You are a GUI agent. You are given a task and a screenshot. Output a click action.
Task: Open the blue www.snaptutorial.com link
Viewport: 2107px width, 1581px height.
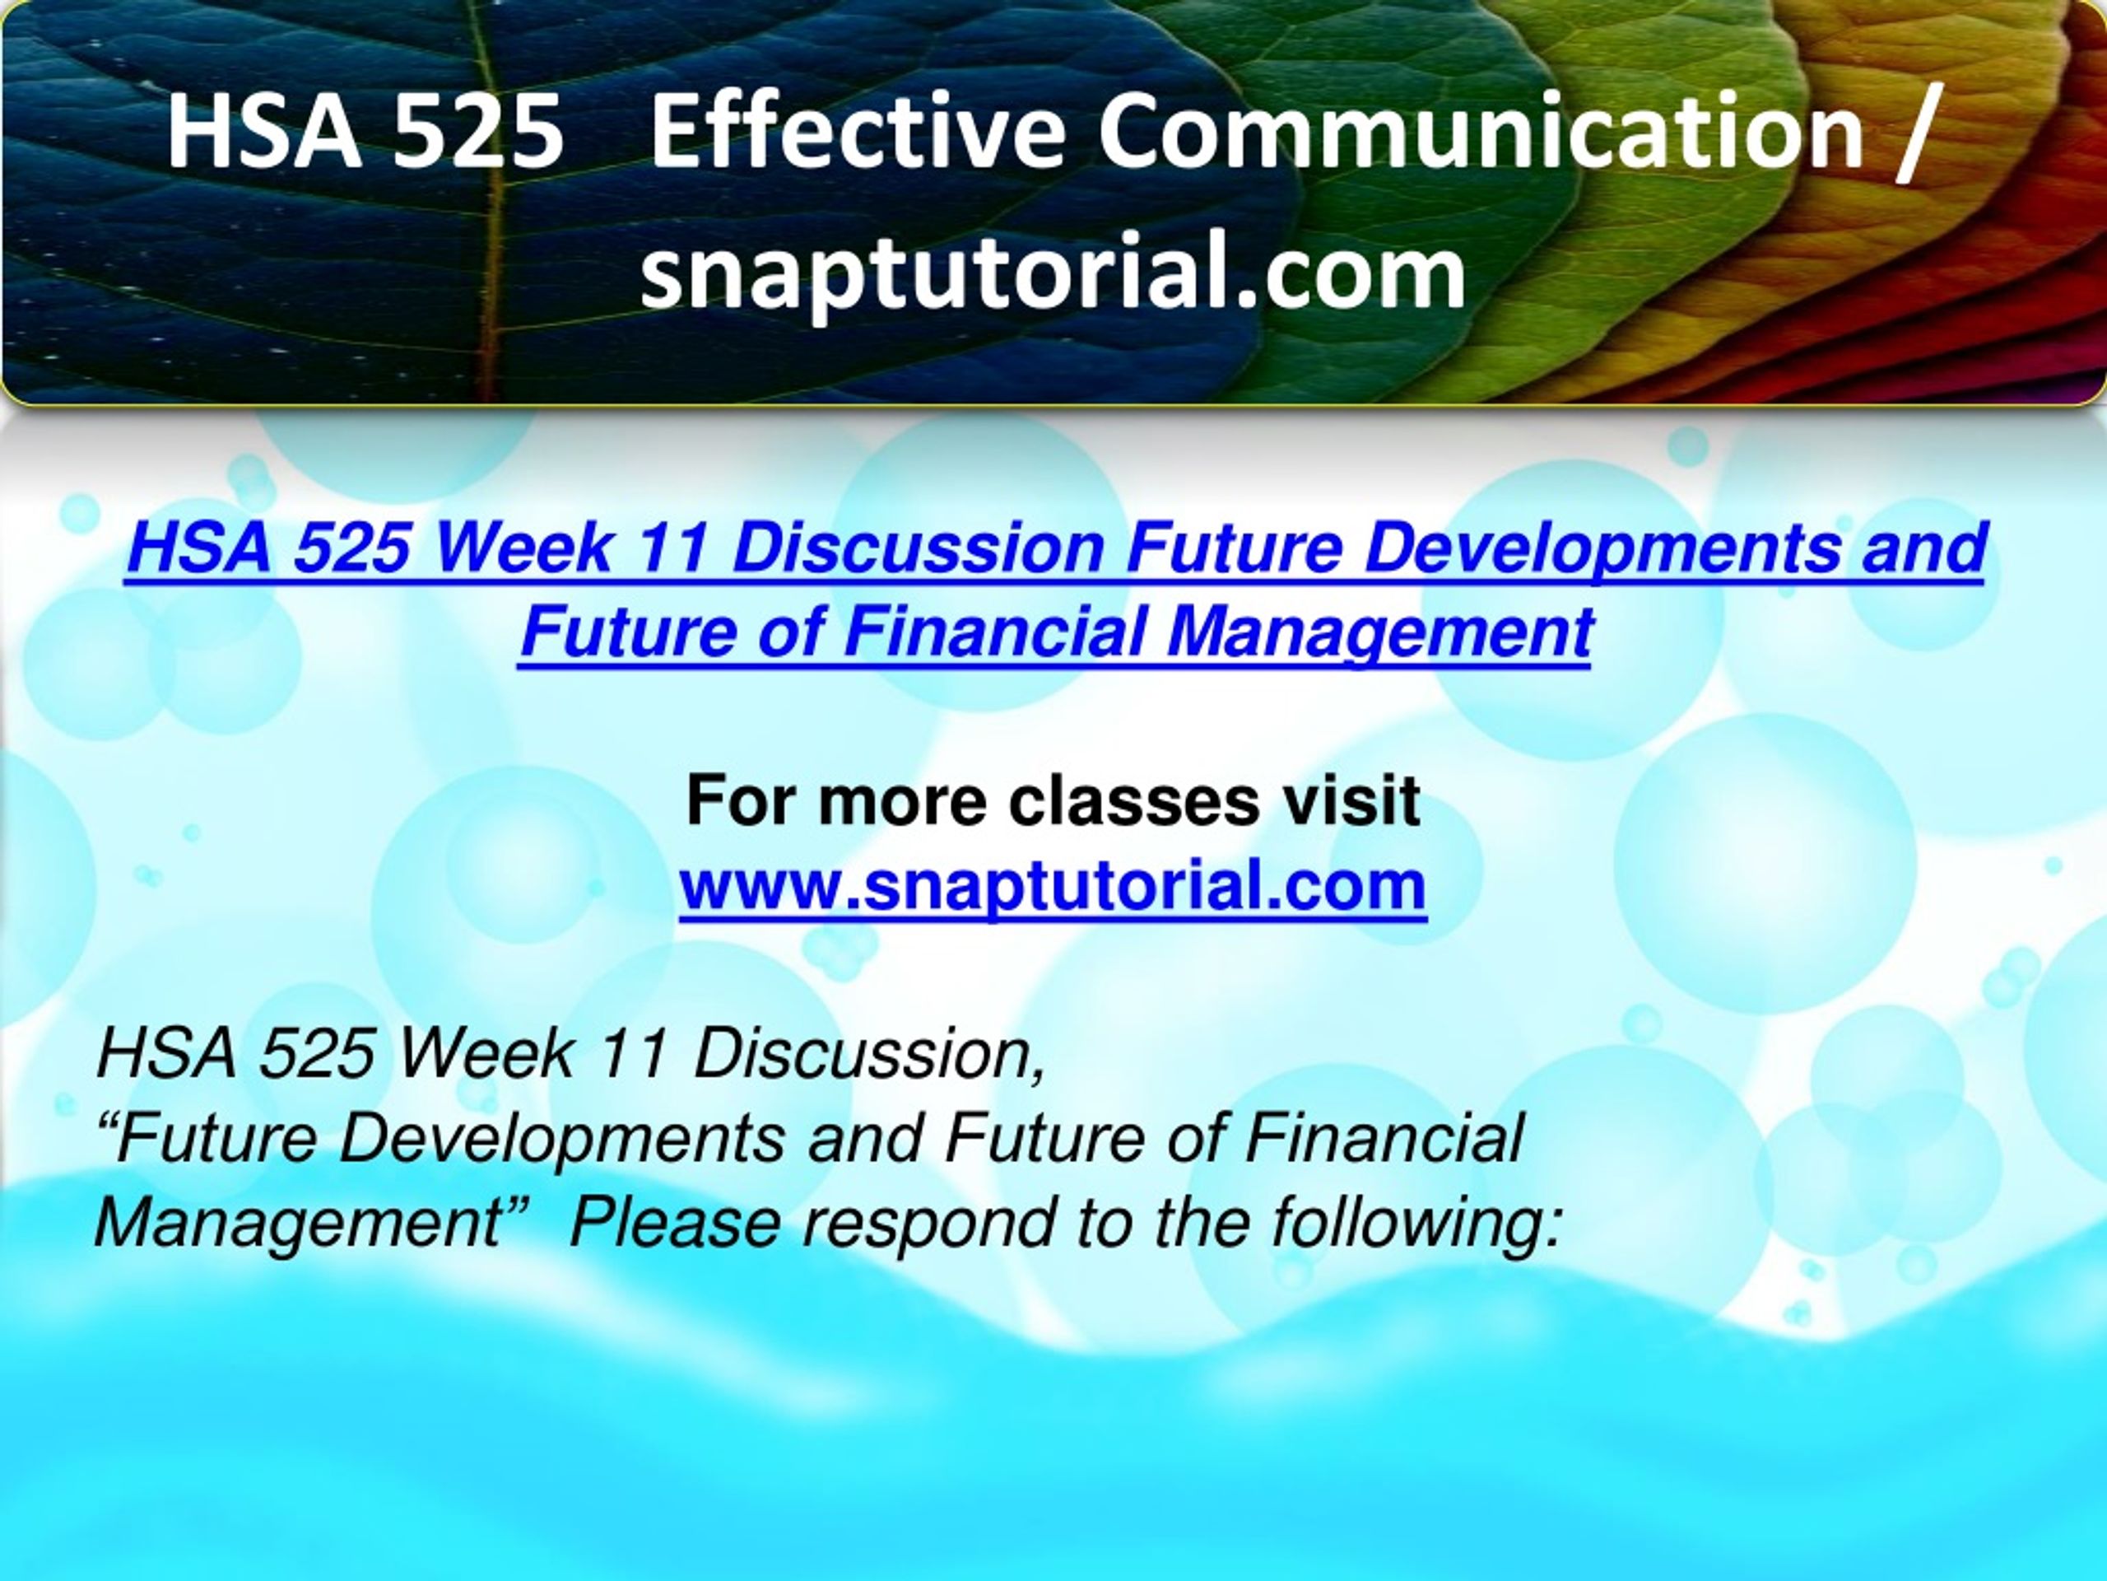1053,886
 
